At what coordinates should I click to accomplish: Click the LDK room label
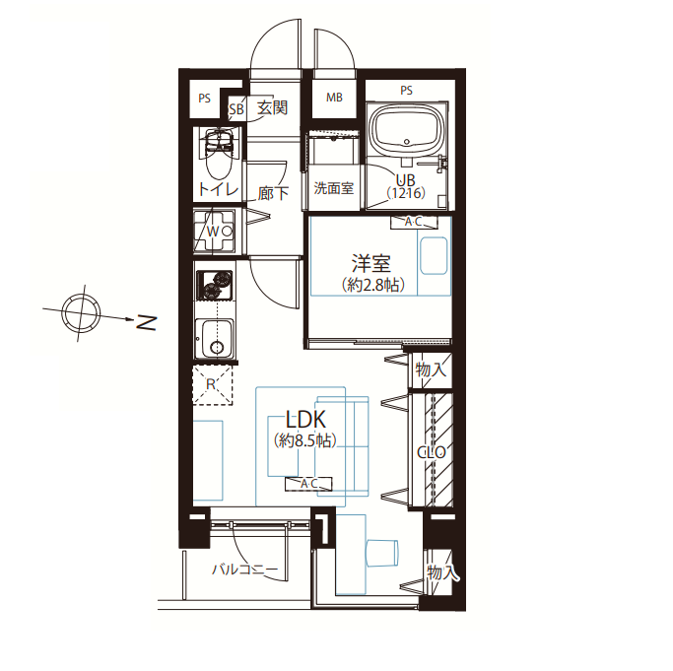click(x=305, y=420)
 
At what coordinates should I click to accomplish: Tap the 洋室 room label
click(x=371, y=263)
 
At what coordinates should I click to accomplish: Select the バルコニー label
click(x=245, y=570)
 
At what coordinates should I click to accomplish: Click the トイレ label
click(x=218, y=189)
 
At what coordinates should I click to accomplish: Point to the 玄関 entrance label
click(x=272, y=107)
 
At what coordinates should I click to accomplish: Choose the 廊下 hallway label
click(x=273, y=194)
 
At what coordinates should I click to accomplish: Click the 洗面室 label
click(x=334, y=187)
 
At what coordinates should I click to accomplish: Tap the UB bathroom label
click(x=405, y=180)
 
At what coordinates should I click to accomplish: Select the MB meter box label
click(x=334, y=98)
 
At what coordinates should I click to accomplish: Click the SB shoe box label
click(x=236, y=109)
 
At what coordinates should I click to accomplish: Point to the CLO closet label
click(x=432, y=452)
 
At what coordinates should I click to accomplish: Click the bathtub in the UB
click(x=407, y=129)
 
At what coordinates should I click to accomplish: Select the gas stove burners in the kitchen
click(x=215, y=285)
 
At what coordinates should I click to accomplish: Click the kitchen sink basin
click(x=215, y=338)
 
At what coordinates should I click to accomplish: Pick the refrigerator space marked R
click(x=213, y=385)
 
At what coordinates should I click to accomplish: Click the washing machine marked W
click(x=214, y=232)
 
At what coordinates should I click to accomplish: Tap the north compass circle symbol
click(x=81, y=312)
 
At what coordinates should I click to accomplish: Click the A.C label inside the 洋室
click(x=414, y=222)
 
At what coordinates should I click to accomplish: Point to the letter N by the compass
click(x=146, y=323)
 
